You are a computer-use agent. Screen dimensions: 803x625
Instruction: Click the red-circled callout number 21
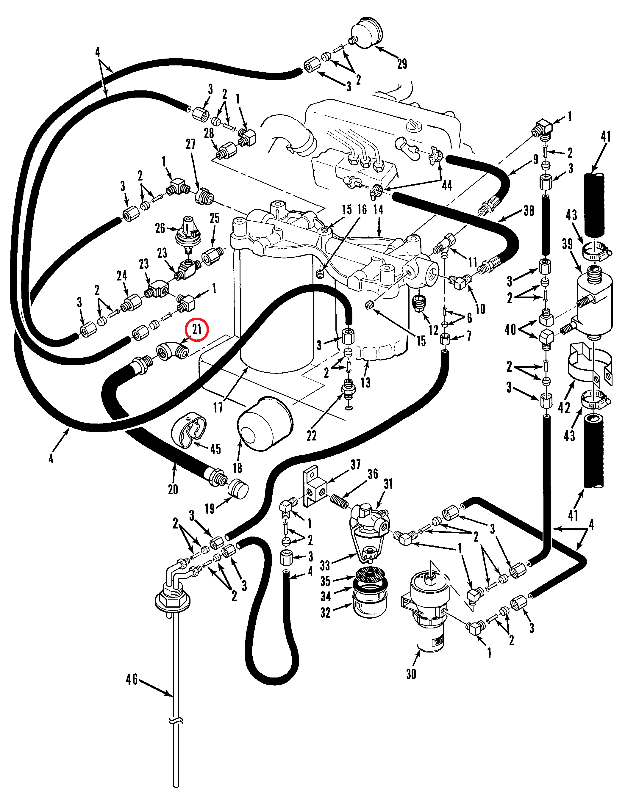pos(197,329)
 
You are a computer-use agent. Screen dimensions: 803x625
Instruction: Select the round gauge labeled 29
pos(367,36)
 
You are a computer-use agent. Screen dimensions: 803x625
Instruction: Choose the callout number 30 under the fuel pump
pos(411,674)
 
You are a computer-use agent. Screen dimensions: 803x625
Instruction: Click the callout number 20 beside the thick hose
pos(173,489)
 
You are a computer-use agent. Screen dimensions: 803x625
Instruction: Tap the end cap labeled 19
pos(238,489)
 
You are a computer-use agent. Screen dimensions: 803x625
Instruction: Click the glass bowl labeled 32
pos(369,611)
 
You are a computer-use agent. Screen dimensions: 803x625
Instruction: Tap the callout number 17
pos(218,407)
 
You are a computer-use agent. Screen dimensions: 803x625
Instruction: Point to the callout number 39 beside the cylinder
pos(567,244)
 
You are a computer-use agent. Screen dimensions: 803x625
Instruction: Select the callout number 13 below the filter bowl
pos(365,382)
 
